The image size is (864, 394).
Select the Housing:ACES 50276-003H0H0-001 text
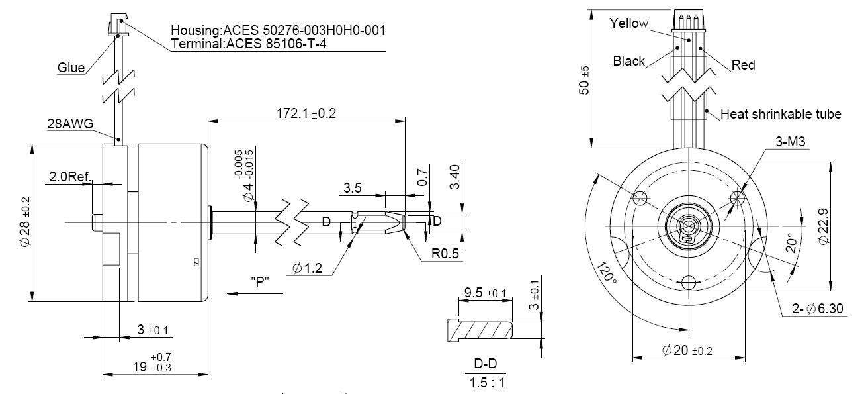(x=278, y=31)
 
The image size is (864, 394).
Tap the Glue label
(x=71, y=68)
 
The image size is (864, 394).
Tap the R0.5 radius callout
(x=446, y=254)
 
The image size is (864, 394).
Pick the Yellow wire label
(x=629, y=23)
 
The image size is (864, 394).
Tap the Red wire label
(x=744, y=65)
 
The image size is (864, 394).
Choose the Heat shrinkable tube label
(x=781, y=115)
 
